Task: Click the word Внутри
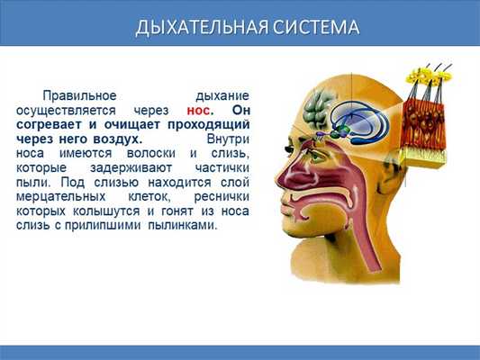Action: pos(227,140)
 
